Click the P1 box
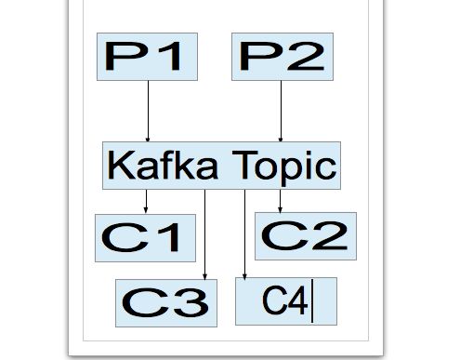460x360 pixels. click(x=149, y=57)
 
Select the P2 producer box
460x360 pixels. click(x=282, y=57)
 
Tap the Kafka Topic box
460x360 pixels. click(x=221, y=166)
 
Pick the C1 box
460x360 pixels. click(x=146, y=236)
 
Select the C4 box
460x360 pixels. click(x=284, y=301)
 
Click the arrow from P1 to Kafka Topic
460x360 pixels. click(x=149, y=111)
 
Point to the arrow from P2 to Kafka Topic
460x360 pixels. click(x=282, y=111)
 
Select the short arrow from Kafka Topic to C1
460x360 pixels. click(x=146, y=200)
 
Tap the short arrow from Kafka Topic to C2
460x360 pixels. click(x=281, y=199)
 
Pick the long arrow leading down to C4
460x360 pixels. click(x=244, y=233)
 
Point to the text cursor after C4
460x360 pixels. click(x=313, y=302)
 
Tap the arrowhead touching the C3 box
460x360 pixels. click(x=205, y=274)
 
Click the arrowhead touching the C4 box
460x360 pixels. click(x=244, y=274)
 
